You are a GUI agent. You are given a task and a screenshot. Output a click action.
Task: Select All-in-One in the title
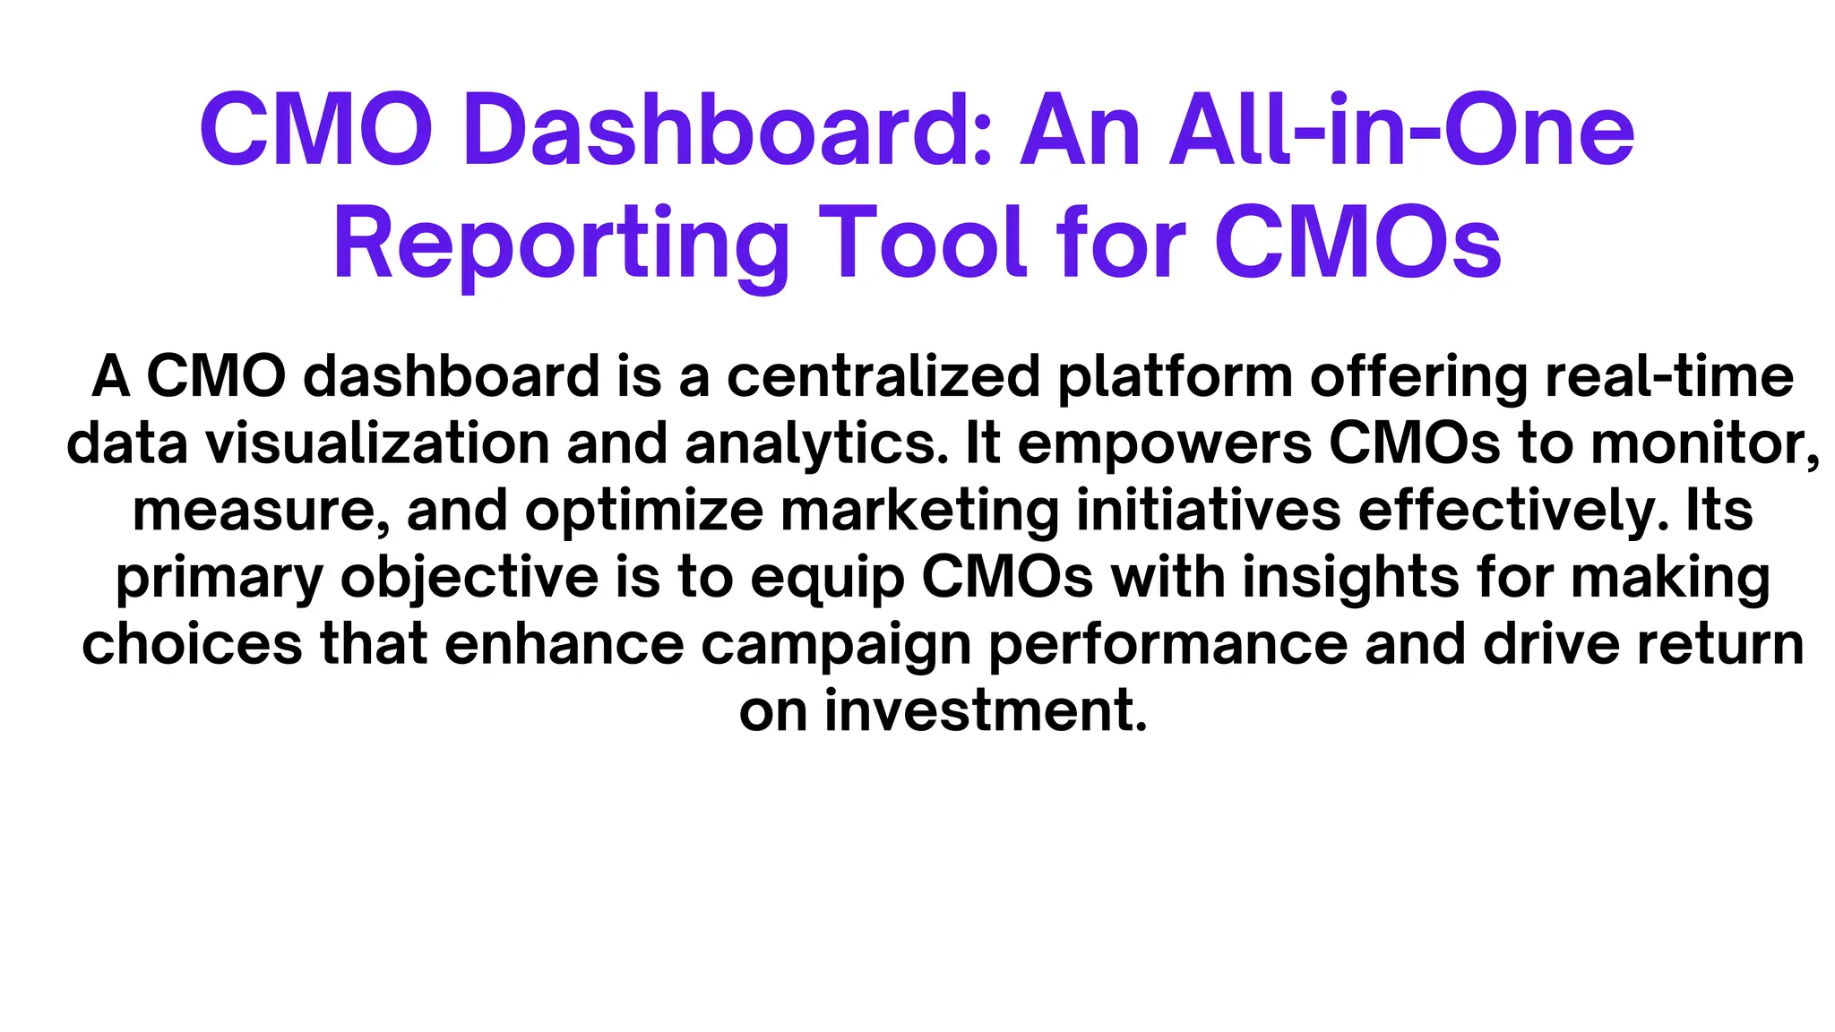tap(1403, 133)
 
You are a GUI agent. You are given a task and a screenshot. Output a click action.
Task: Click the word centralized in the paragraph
tap(883, 376)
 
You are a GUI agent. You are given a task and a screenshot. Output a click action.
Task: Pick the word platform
tap(1175, 378)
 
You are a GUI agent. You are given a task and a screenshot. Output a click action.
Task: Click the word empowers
tap(1165, 445)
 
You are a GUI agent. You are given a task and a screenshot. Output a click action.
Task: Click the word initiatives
tap(1208, 511)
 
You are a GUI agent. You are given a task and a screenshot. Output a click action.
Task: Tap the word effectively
tap(1514, 511)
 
